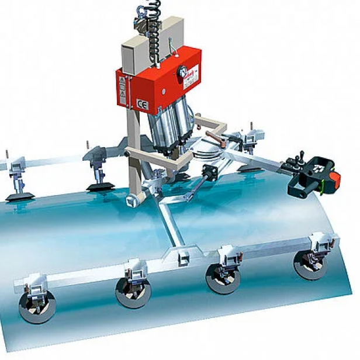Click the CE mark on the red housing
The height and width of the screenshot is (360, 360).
click(x=142, y=105)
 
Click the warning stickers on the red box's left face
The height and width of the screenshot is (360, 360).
click(x=122, y=88)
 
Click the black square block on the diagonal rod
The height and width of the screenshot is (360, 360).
click(x=209, y=174)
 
